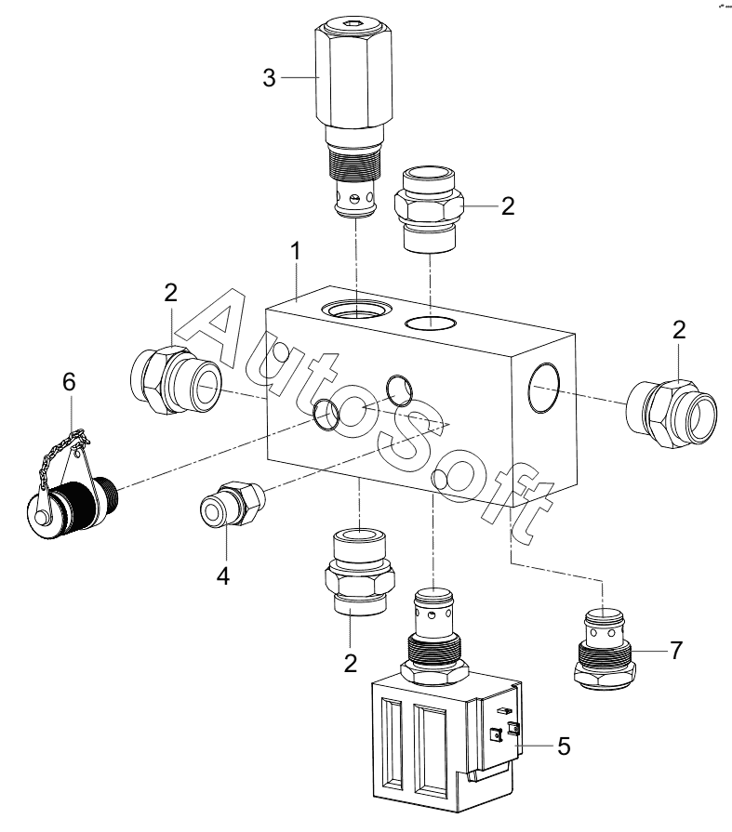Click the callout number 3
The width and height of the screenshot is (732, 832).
pyautogui.click(x=269, y=78)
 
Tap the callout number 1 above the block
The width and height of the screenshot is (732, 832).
pyautogui.click(x=296, y=251)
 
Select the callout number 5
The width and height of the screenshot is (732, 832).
pyautogui.click(x=564, y=746)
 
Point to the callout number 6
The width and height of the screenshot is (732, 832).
pyautogui.click(x=69, y=381)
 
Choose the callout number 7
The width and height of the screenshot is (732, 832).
pyautogui.click(x=675, y=651)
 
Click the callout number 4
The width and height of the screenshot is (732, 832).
pyautogui.click(x=223, y=575)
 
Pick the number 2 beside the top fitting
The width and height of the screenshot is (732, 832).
pyautogui.click(x=508, y=205)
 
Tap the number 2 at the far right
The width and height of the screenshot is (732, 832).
pyautogui.click(x=679, y=330)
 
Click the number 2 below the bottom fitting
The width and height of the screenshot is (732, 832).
pyautogui.click(x=351, y=664)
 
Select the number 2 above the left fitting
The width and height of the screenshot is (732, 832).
pyautogui.click(x=170, y=293)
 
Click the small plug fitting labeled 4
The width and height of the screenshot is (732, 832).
pyautogui.click(x=232, y=503)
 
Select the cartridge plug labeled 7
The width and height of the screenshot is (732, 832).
pyautogui.click(x=605, y=650)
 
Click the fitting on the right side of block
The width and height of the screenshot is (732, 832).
pyautogui.click(x=672, y=414)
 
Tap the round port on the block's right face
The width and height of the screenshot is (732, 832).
pyautogui.click(x=544, y=388)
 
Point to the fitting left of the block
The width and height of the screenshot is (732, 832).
pyautogui.click(x=175, y=380)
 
